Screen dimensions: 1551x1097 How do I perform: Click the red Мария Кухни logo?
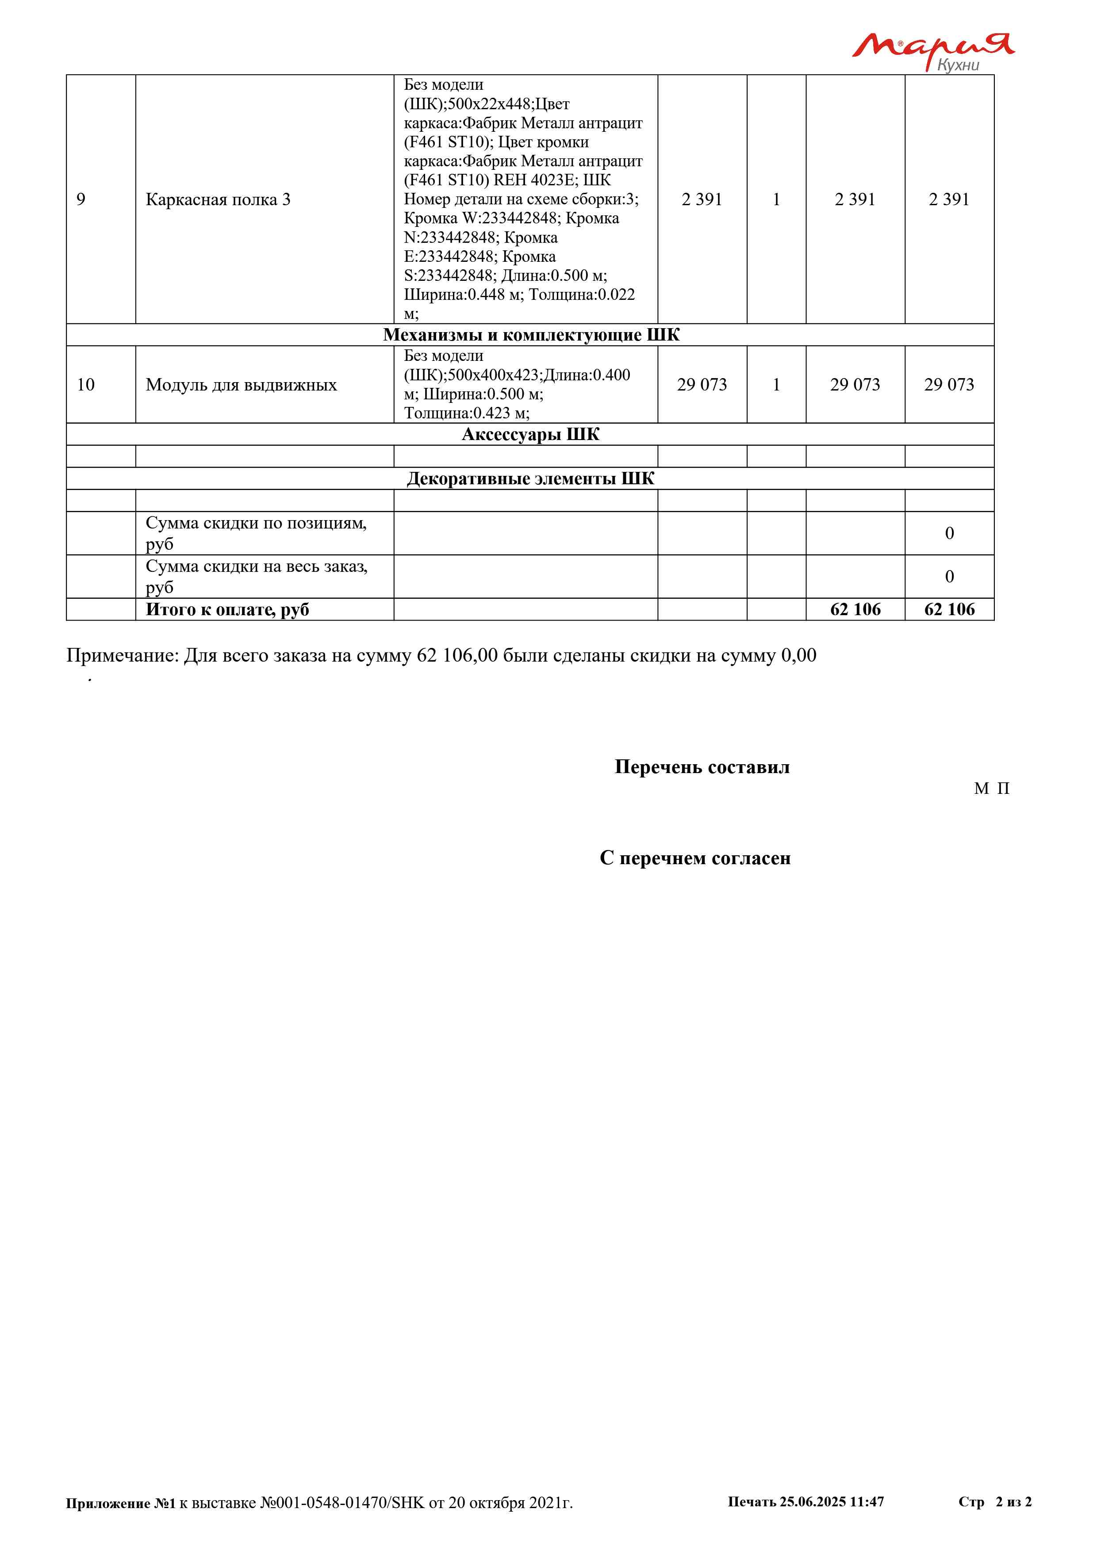pos(932,51)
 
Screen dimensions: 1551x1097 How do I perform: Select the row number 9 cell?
pos(81,199)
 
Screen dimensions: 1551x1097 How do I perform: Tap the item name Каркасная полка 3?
pos(218,200)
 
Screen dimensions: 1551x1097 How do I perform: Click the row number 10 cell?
pos(86,385)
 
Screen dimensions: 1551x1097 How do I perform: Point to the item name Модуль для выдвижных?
pos(241,385)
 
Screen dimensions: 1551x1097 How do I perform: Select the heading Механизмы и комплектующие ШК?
pos(531,335)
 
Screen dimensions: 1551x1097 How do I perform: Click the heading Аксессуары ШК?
pos(530,434)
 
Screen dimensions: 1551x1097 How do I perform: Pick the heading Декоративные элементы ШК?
pos(530,479)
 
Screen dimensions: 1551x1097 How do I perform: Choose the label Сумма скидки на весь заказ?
pos(257,567)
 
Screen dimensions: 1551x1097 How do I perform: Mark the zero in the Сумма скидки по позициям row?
pos(949,534)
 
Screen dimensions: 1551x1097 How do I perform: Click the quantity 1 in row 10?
pos(776,385)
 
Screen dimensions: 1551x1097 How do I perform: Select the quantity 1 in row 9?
pos(776,199)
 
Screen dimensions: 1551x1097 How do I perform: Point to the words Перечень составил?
pos(702,767)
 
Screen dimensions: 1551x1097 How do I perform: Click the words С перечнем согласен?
pos(695,858)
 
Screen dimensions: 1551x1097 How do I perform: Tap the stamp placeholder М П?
pos(992,789)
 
